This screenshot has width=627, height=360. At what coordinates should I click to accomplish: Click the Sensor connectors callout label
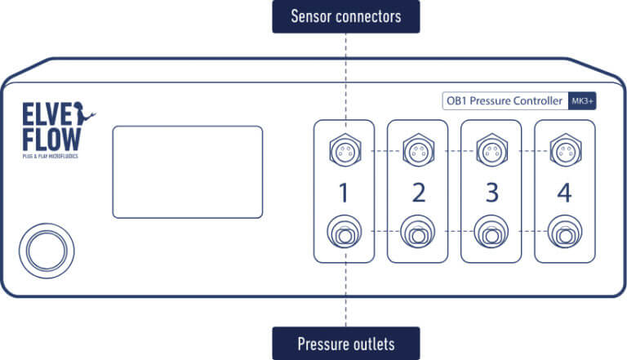345,16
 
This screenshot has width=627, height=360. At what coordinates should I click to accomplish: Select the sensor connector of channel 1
344,149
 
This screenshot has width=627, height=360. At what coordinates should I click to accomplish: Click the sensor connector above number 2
418,149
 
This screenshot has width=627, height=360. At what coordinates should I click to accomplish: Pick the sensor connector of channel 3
491,149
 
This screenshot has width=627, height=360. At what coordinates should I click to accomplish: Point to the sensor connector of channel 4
565,149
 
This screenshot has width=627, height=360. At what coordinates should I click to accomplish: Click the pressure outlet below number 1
344,233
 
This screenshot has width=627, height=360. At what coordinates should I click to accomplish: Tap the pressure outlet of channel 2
418,233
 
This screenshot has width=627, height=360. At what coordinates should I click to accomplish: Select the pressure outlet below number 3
491,233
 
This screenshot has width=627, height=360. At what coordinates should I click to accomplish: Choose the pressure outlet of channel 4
565,233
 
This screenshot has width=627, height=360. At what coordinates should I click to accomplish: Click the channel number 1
344,193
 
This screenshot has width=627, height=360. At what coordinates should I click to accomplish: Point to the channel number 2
418,193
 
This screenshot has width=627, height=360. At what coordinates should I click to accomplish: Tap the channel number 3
491,193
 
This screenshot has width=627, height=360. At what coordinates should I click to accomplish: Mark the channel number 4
565,193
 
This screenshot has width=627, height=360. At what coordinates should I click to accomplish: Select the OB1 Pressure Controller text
503,101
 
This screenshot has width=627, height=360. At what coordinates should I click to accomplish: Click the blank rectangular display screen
187,171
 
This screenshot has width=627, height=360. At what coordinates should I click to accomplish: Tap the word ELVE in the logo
47,113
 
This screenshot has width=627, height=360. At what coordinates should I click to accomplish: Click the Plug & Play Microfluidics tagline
51,155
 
